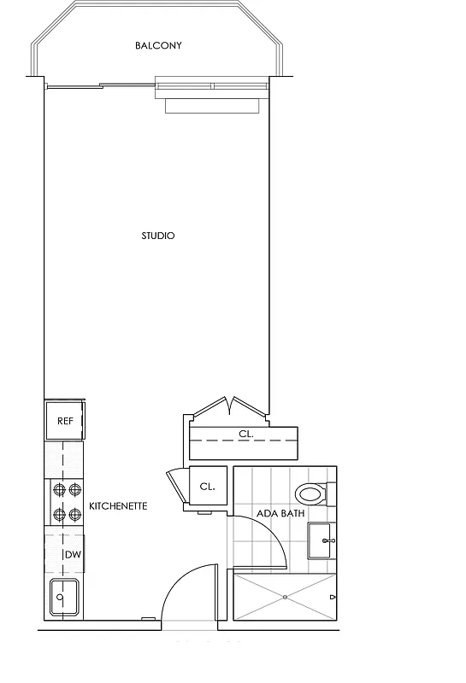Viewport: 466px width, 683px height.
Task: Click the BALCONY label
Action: tap(158, 45)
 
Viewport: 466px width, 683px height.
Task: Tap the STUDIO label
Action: tap(158, 236)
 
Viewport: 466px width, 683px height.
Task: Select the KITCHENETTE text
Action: tap(118, 506)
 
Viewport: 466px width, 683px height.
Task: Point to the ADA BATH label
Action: tap(281, 514)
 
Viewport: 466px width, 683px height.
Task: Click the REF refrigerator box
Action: tap(65, 421)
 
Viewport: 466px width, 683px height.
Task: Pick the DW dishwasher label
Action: tap(74, 556)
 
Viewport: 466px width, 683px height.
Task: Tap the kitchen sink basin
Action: tap(64, 597)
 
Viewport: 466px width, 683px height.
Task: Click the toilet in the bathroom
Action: tap(310, 493)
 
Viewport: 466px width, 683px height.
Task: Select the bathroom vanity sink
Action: tap(321, 540)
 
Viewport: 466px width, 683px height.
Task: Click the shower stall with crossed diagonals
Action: tap(284, 598)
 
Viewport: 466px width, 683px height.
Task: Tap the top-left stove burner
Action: tap(59, 490)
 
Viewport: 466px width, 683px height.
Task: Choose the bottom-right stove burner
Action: tap(74, 514)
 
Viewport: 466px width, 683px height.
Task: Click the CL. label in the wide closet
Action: tap(246, 434)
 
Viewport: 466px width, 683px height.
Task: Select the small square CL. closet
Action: tap(207, 487)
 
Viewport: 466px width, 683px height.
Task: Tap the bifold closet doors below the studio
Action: tap(229, 406)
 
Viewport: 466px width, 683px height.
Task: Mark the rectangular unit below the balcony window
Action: tap(212, 106)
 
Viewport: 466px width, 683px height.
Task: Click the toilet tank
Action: tap(332, 493)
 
